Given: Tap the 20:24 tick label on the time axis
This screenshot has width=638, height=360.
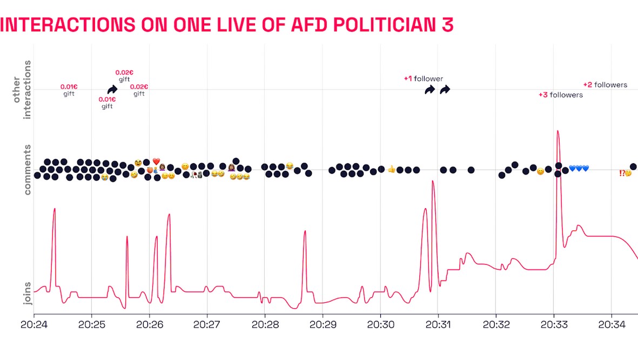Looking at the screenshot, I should (x=33, y=325).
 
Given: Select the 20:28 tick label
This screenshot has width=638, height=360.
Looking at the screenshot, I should (x=265, y=325).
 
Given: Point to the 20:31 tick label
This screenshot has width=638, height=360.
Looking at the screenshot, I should (x=438, y=325).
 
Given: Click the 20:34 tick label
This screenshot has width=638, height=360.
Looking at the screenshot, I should (x=612, y=325).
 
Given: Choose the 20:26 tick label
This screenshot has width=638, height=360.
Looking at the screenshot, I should (x=149, y=325).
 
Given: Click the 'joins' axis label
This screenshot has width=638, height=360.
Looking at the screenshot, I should (x=28, y=293).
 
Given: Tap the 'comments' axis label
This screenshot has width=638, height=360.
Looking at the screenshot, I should (x=28, y=169).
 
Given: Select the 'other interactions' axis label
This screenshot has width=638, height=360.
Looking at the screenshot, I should (x=22, y=89).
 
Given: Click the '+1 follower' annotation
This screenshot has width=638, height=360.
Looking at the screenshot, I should (x=424, y=79).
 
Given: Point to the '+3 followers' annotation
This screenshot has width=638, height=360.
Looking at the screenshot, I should (x=561, y=95).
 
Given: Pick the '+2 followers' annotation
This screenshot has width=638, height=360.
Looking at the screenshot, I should (x=605, y=85).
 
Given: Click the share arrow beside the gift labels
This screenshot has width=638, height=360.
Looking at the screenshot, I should (x=112, y=89).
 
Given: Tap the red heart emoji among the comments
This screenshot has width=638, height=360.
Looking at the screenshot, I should (x=156, y=161).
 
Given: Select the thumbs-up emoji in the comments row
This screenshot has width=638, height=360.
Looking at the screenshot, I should (x=392, y=169).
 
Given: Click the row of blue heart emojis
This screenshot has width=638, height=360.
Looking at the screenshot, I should (x=579, y=168).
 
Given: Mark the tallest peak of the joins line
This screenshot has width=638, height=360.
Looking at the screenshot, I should (x=558, y=131).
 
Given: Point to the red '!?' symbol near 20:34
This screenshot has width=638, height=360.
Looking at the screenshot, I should (x=622, y=173).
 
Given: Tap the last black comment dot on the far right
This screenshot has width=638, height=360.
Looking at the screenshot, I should (x=633, y=167).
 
